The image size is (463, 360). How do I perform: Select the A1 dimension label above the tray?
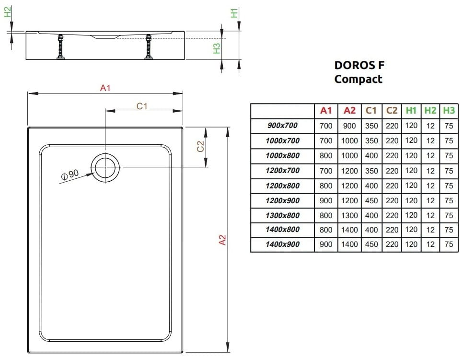coord(105,88)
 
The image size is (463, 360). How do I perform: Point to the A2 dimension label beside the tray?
coord(222,240)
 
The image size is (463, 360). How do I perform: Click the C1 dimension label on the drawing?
coord(142,106)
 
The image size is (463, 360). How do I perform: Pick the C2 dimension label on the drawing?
coord(200,146)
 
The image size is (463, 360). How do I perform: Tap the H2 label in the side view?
coord(8,12)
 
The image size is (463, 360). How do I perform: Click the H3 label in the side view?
coord(217,48)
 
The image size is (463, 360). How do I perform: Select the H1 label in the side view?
coord(234,13)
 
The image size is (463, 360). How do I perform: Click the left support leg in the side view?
coord(61,47)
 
